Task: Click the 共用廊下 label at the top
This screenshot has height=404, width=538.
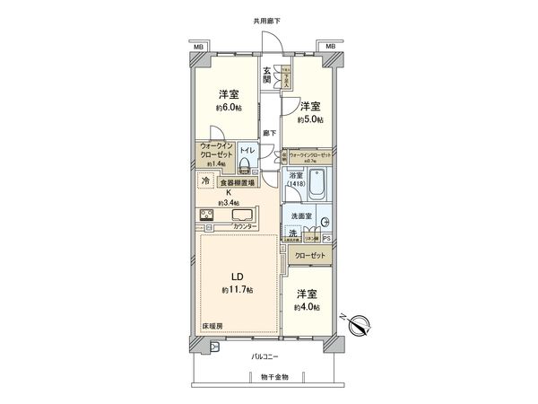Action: pyautogui.click(x=266, y=20)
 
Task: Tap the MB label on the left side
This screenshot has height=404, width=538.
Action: pyautogui.click(x=197, y=45)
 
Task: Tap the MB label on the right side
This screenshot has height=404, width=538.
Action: pyautogui.click(x=331, y=45)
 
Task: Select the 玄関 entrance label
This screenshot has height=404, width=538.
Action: pyautogui.click(x=267, y=75)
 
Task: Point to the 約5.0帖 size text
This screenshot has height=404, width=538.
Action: pyautogui.click(x=310, y=119)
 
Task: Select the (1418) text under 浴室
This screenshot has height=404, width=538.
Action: pyautogui.click(x=295, y=184)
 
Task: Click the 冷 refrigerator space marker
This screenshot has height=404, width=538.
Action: pyautogui.click(x=204, y=180)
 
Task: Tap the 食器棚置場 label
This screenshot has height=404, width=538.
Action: pyautogui.click(x=237, y=182)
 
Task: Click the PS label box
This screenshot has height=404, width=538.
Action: pyautogui.click(x=326, y=238)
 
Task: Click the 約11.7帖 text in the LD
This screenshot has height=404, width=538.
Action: pyautogui.click(x=236, y=291)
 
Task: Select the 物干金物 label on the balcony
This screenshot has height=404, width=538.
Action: pyautogui.click(x=267, y=376)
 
